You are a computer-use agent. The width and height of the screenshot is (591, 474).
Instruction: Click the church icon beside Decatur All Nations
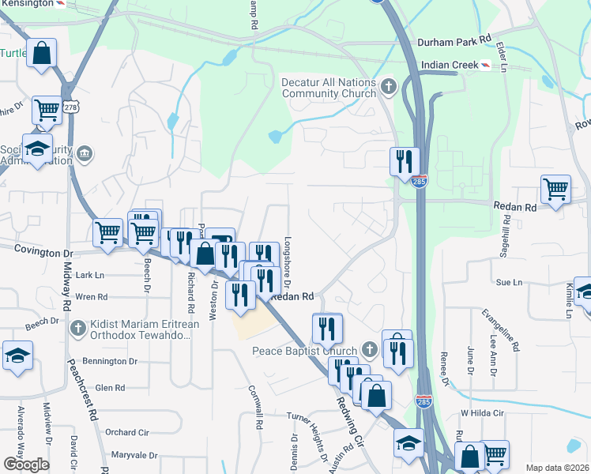(387, 86)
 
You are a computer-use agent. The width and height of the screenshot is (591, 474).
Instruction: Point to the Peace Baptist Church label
(305, 350)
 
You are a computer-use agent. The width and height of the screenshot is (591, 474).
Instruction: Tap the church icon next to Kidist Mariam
(77, 328)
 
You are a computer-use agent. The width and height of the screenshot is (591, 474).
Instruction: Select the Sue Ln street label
(509, 282)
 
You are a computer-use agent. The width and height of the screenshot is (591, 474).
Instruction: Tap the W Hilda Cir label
(482, 413)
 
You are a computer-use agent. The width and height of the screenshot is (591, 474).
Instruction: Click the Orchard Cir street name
(126, 432)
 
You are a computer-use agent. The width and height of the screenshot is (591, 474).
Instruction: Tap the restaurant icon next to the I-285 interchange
(405, 161)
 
